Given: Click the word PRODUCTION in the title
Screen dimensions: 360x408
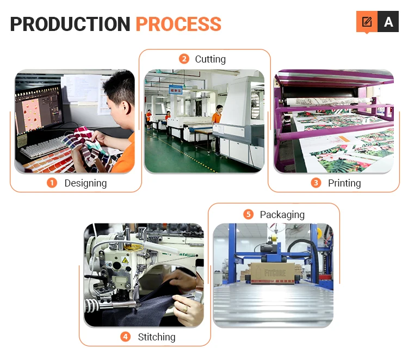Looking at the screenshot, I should click(x=70, y=24).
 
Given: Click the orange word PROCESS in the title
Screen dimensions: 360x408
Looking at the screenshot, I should click(x=178, y=24).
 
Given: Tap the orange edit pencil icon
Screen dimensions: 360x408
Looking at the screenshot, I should click(x=367, y=22).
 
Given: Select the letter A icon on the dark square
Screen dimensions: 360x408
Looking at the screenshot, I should click(x=388, y=22).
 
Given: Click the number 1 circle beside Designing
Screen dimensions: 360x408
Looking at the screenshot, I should click(x=52, y=183).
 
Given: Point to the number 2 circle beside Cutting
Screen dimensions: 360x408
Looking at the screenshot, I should click(x=184, y=59).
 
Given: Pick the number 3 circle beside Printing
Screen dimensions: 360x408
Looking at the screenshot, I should click(x=316, y=183).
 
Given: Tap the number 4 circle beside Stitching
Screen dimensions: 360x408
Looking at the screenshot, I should click(x=126, y=337).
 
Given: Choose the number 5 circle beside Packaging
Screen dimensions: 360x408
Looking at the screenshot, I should click(x=248, y=214).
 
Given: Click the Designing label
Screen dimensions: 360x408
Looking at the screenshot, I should click(x=85, y=183).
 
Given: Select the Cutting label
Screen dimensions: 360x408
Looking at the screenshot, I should click(x=210, y=59).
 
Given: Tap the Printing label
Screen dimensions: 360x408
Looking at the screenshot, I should click(x=344, y=183).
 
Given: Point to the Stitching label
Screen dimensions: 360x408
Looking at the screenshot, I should click(x=157, y=337).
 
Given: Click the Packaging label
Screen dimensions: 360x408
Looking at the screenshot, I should click(x=282, y=214).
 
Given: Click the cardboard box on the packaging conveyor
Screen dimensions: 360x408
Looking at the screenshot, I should click(x=272, y=270).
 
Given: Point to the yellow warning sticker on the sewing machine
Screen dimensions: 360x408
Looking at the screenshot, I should click(x=125, y=260).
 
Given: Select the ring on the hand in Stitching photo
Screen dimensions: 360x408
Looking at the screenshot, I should click(x=185, y=309).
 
